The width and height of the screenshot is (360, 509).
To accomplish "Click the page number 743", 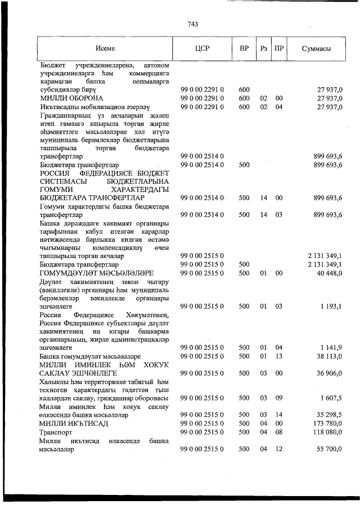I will [192, 24].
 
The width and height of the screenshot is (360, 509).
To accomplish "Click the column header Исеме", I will [105, 49].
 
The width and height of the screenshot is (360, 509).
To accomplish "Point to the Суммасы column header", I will [316, 49].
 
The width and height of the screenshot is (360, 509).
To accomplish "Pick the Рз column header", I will [263, 49].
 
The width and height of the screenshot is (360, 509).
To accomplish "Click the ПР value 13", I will [278, 357].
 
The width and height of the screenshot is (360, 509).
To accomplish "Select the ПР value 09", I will [278, 398].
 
